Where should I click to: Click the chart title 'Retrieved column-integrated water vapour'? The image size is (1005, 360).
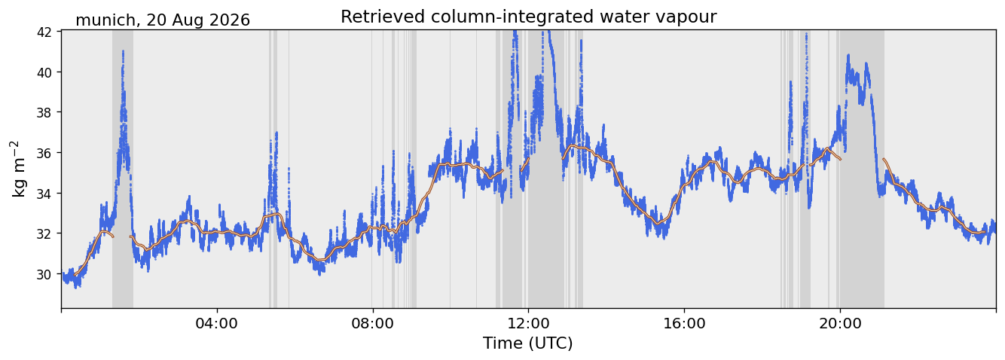click(529, 17)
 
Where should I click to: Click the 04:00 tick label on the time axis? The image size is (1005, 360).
click(217, 323)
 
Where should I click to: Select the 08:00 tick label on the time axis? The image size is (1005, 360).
click(373, 323)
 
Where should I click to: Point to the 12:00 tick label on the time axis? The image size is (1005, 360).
click(529, 323)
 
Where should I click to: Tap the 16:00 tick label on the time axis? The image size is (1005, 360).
click(684, 323)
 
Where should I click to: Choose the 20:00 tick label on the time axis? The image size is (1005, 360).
click(840, 323)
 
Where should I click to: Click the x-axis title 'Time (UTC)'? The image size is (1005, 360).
click(528, 343)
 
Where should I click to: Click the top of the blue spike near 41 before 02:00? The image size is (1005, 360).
click(123, 51)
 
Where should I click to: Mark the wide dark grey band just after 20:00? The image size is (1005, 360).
click(862, 169)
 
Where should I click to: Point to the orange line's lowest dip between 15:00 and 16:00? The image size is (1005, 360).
click(658, 223)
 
